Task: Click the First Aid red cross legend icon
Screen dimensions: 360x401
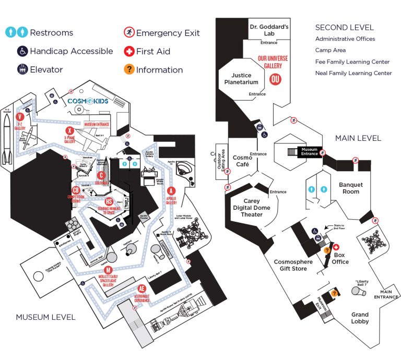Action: pyautogui.click(x=129, y=51)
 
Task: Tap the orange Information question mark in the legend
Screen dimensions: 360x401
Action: pyautogui.click(x=129, y=69)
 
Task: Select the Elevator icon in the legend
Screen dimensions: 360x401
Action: pyautogui.click(x=22, y=69)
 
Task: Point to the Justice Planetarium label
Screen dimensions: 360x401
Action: pyautogui.click(x=238, y=78)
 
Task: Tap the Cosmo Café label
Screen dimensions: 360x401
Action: pyautogui.click(x=242, y=161)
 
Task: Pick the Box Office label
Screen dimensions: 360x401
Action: pyautogui.click(x=340, y=258)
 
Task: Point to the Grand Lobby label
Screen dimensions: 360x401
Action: pyautogui.click(x=360, y=318)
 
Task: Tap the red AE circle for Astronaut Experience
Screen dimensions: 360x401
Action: pyautogui.click(x=141, y=288)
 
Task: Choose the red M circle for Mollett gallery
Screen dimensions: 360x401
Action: pyautogui.click(x=108, y=269)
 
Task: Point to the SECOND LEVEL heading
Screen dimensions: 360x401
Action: pyautogui.click(x=344, y=27)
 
